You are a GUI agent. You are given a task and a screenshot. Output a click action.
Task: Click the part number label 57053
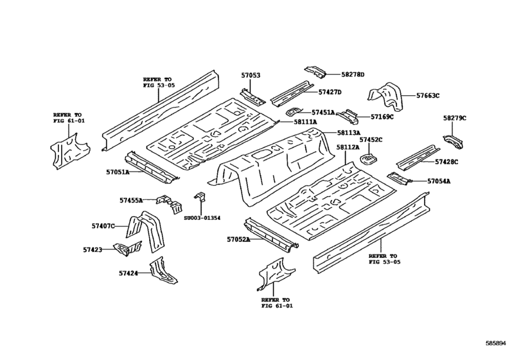click(251, 75)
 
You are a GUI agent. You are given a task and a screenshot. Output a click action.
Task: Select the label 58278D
click(353, 75)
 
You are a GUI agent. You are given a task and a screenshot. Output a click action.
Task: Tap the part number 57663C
click(427, 96)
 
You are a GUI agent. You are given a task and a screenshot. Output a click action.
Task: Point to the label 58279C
click(454, 118)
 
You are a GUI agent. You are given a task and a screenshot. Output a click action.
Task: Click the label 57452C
click(371, 139)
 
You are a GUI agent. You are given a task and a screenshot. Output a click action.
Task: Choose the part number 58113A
click(348, 132)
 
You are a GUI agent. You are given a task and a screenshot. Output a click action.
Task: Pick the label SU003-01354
click(202, 219)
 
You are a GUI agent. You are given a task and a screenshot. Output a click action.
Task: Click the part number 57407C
click(103, 226)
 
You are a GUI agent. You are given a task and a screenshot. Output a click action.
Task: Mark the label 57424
click(127, 273)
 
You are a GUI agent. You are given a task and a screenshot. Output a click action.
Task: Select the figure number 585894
click(499, 345)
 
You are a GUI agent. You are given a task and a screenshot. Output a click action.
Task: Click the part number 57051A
click(118, 172)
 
